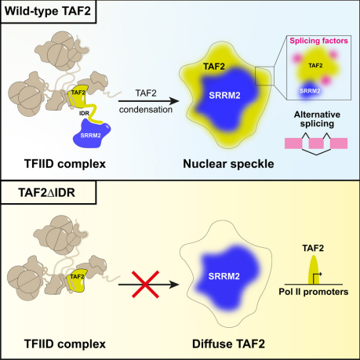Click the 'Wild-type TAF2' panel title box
pyautogui.click(x=49, y=12)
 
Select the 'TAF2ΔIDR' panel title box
pyautogui.click(x=49, y=192)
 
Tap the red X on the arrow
pyautogui.click(x=145, y=284)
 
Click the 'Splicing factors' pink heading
pyautogui.click(x=318, y=41)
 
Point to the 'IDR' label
pyautogui.click(x=84, y=113)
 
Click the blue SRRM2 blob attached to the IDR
pyautogui.click(x=92, y=133)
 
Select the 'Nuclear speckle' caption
pyautogui.click(x=228, y=164)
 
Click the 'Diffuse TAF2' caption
pyautogui.click(x=228, y=344)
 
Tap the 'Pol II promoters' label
pyautogui.click(x=314, y=292)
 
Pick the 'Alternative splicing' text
pyautogui.click(x=317, y=119)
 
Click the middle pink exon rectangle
pyautogui.click(x=316, y=144)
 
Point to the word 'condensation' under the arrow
pyautogui.click(x=146, y=110)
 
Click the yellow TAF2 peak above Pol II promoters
pyautogui.click(x=314, y=270)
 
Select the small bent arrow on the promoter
pyautogui.click(x=317, y=277)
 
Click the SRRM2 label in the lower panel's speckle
pyautogui.click(x=224, y=276)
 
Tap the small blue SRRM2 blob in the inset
pyautogui.click(x=310, y=92)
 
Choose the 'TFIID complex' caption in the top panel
pyautogui.click(x=65, y=164)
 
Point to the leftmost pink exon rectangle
pyautogui.click(x=293, y=144)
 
